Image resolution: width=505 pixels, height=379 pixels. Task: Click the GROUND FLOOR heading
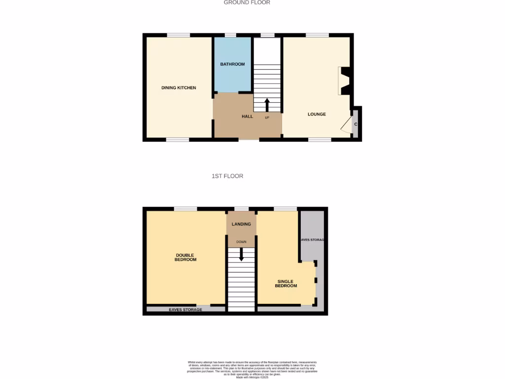247,2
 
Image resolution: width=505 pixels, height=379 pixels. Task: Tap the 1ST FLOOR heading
227,176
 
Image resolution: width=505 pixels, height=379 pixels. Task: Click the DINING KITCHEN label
179,88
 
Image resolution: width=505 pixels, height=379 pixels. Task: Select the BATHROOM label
232,64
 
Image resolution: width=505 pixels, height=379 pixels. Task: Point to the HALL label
247,116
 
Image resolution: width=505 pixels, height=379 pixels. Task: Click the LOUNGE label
317,114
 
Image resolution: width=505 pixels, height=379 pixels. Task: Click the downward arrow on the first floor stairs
241,255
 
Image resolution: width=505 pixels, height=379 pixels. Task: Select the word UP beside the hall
267,117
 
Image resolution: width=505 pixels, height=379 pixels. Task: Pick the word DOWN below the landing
241,242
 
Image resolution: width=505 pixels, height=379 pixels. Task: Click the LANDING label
241,224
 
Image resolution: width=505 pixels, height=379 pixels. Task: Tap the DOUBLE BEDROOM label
185,258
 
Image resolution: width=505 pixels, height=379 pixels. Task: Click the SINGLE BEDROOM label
286,284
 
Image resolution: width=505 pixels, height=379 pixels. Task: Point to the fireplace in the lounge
344,81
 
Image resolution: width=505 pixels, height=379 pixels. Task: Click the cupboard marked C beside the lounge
356,124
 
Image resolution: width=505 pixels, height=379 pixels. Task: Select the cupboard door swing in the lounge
347,125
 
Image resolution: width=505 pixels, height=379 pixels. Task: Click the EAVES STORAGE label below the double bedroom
185,309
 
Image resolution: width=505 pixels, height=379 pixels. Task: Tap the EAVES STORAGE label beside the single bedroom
313,240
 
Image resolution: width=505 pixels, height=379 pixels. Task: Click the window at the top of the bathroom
230,35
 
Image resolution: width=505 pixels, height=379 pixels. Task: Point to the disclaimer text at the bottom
252,369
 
